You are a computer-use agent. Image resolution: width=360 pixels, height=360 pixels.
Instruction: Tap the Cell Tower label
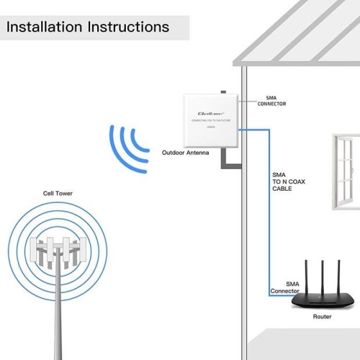[57, 193]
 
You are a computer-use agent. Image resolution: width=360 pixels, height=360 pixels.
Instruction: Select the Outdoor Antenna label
[186, 153]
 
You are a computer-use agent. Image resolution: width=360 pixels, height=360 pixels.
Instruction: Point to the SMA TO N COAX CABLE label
[288, 186]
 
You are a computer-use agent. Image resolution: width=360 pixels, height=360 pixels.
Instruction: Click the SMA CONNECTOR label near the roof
[271, 102]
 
